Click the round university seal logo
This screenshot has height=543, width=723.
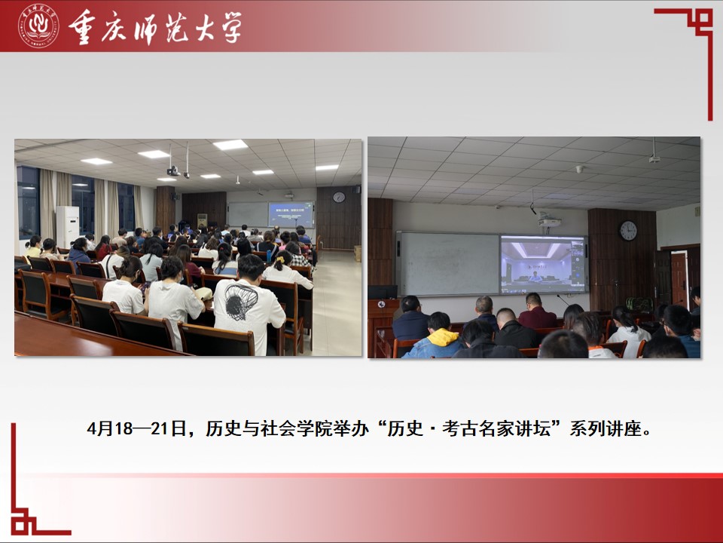(38, 26)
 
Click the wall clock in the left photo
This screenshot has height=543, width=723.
(339, 197)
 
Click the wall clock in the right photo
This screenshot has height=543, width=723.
(628, 231)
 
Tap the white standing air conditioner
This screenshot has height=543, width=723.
(67, 227)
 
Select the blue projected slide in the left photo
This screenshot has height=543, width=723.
(291, 215)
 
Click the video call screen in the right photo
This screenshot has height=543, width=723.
(543, 264)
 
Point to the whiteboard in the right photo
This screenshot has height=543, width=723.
(449, 264)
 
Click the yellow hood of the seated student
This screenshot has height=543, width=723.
(442, 338)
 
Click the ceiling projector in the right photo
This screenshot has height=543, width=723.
(549, 222)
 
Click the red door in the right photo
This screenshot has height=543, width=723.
(679, 280)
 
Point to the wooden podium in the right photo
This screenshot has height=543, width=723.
(382, 324)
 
